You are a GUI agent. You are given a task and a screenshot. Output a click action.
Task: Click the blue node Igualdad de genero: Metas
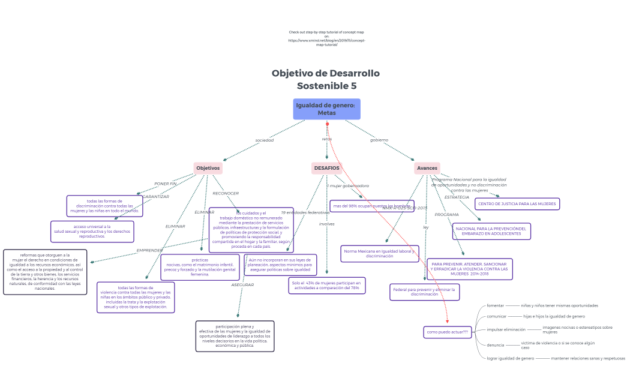click(326, 109)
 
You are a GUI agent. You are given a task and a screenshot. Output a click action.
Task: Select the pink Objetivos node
click(208, 168)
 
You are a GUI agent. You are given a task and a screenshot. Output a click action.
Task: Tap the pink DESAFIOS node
click(326, 168)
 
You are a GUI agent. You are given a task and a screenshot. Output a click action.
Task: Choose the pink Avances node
click(427, 168)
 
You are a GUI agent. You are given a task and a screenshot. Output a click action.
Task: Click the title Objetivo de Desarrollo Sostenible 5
click(326, 79)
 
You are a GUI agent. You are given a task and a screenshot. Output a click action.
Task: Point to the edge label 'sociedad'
click(264, 140)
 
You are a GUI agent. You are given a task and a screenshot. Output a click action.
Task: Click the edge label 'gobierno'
click(379, 140)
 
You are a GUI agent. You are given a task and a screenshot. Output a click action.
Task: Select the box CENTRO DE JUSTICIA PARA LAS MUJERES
click(517, 204)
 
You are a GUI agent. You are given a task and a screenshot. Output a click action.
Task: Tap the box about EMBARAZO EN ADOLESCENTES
click(491, 231)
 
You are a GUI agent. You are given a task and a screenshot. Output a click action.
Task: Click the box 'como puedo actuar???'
click(448, 332)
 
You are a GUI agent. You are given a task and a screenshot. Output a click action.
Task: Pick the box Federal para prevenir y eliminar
click(424, 292)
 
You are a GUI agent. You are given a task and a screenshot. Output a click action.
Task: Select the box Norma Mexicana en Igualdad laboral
click(380, 253)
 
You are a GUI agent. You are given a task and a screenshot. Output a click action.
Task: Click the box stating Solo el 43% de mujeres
click(326, 285)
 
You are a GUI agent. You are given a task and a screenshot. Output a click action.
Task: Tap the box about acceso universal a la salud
click(92, 231)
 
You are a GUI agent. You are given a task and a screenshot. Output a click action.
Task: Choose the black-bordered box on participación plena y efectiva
click(235, 336)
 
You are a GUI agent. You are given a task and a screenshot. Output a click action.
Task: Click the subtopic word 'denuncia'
click(495, 345)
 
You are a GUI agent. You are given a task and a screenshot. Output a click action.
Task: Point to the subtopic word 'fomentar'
click(495, 305)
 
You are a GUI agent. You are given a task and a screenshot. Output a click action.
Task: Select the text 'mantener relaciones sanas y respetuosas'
click(587, 358)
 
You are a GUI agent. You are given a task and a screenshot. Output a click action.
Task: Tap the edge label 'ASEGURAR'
click(242, 284)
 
